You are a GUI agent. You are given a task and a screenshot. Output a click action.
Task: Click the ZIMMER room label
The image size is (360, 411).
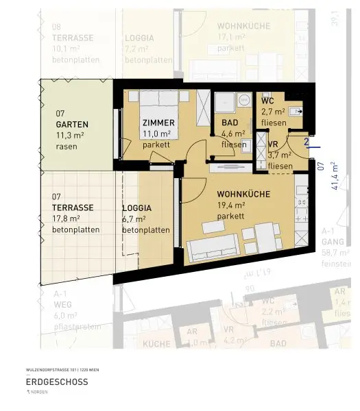(158, 123)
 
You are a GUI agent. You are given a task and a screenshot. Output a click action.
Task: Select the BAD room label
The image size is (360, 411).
(230, 123)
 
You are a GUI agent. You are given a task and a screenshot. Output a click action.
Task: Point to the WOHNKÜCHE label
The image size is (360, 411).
(243, 194)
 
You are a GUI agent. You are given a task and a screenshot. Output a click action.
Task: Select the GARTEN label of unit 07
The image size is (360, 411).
(73, 125)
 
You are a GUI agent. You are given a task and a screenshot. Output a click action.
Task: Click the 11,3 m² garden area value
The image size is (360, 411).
(70, 136)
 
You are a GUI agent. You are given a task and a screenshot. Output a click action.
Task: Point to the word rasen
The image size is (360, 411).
(66, 147)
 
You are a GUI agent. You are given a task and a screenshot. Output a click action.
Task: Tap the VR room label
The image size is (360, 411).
(272, 145)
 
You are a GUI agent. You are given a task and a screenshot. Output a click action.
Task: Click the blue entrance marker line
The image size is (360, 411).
(313, 145)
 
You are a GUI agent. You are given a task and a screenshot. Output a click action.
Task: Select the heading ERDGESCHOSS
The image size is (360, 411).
(56, 382)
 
